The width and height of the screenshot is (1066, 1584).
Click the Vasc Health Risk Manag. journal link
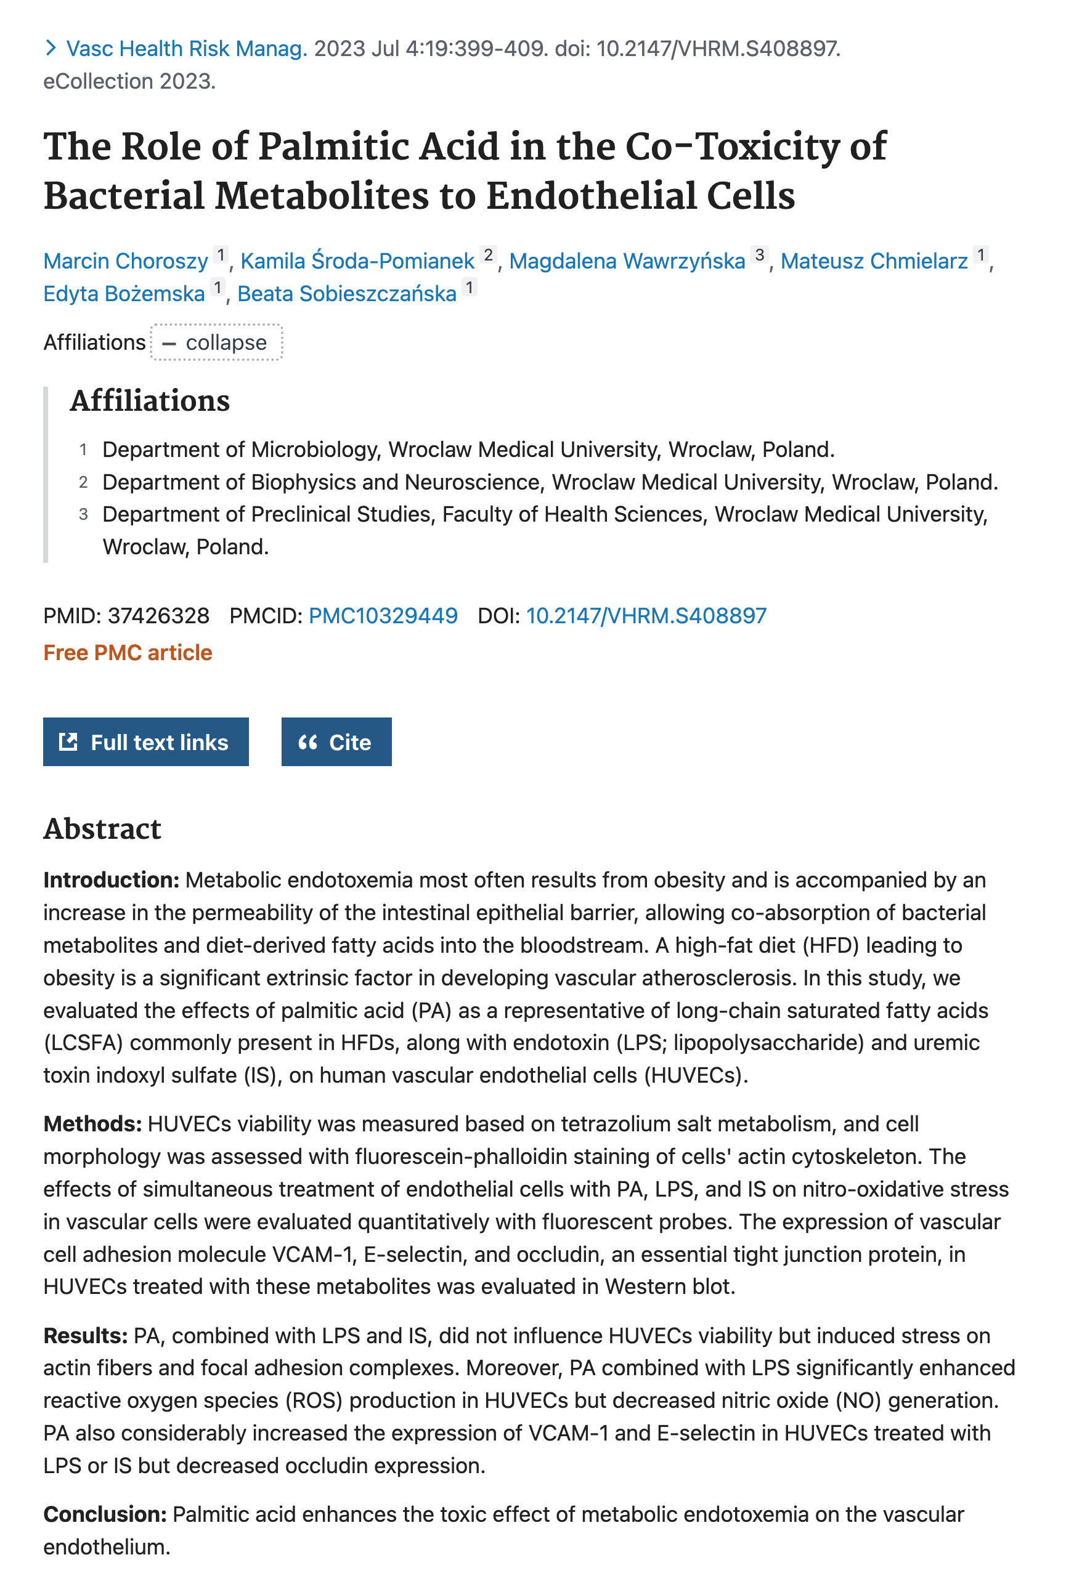click(186, 49)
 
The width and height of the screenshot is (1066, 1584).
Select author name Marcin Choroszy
click(126, 261)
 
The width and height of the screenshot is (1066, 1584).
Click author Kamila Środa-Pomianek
click(357, 261)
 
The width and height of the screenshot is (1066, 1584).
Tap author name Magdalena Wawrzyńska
click(627, 261)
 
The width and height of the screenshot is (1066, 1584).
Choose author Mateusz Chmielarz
click(874, 261)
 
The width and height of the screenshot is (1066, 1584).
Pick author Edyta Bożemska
click(124, 294)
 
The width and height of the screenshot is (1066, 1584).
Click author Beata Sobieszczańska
click(347, 294)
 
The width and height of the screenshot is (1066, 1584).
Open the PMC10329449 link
click(383, 616)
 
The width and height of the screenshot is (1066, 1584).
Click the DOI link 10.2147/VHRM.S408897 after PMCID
click(646, 616)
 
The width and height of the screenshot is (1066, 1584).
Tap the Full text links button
click(145, 742)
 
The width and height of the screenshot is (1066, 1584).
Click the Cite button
click(336, 742)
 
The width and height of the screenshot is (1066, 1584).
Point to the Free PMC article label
click(128, 652)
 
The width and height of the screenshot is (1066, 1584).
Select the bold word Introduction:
click(112, 880)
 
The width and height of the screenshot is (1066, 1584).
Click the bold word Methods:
click(92, 1124)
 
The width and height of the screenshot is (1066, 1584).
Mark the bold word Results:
click(86, 1336)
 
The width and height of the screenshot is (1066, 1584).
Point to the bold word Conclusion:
click(105, 1514)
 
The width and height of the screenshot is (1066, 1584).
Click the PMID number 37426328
click(158, 616)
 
